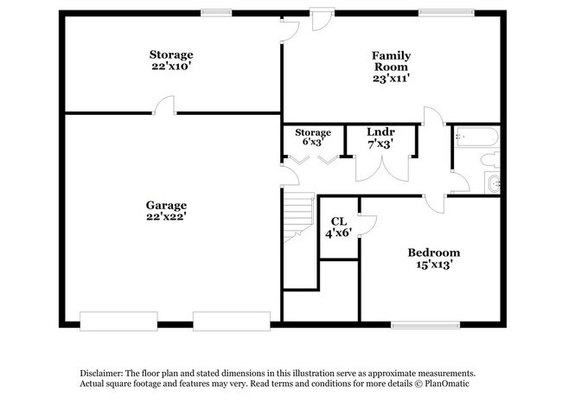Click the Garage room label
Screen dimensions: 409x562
(x=167, y=205)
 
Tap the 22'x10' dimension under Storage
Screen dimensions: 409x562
(x=170, y=67)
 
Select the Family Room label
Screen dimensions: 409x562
(x=392, y=61)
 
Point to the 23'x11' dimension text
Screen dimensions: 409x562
(x=392, y=78)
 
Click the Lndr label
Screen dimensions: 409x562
(x=380, y=132)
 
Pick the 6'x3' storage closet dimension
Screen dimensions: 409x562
(x=313, y=144)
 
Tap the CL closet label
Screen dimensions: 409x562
(x=336, y=220)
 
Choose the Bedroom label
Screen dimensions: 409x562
(x=434, y=252)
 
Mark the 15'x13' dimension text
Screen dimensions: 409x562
(x=434, y=265)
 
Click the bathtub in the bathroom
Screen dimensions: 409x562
(x=476, y=136)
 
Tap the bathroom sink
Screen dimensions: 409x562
(x=493, y=182)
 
